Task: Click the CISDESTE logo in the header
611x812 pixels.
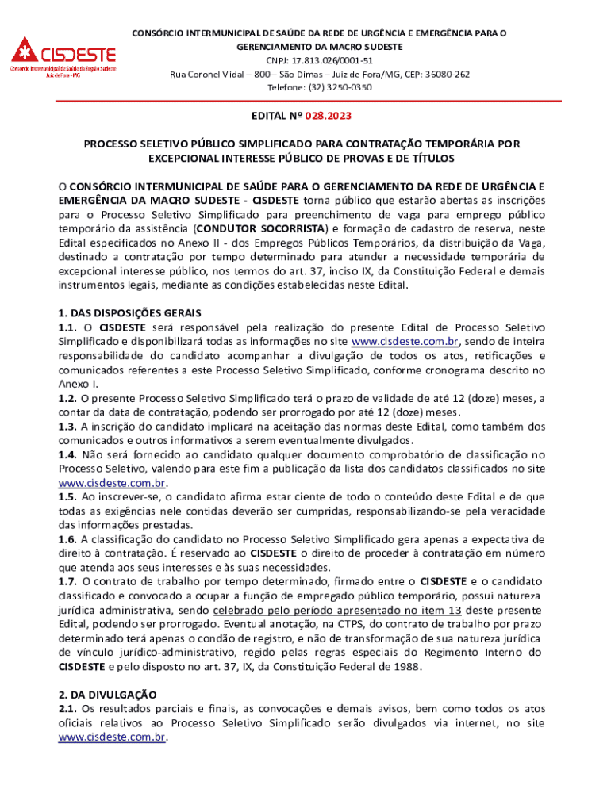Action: click(63, 56)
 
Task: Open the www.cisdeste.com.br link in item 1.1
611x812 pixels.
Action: click(402, 342)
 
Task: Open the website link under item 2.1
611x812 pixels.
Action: click(112, 737)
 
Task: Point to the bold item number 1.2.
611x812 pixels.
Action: click(67, 398)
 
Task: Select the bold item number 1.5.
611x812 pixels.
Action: click(67, 497)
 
